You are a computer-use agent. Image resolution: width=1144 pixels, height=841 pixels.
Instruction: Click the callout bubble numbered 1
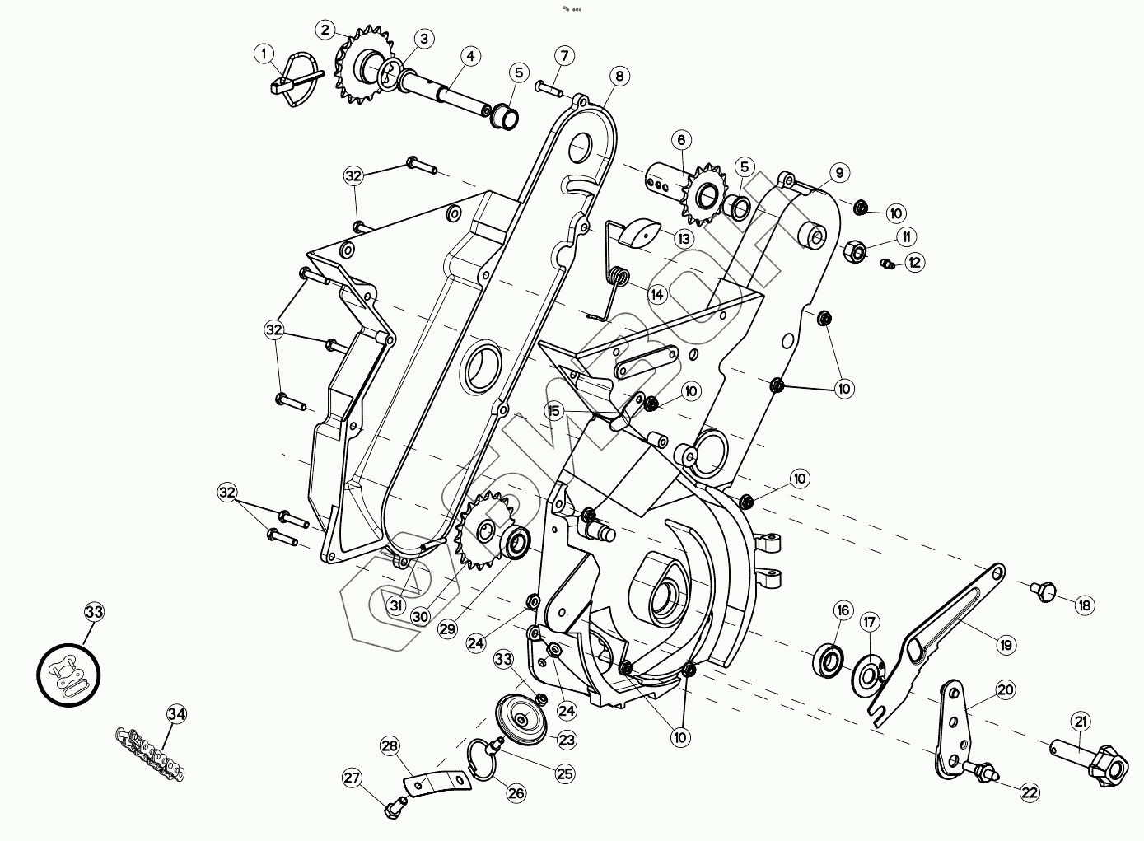click(264, 54)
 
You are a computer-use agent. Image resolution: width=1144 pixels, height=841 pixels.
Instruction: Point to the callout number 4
click(469, 56)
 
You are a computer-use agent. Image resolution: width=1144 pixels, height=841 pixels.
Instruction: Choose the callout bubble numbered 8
click(619, 76)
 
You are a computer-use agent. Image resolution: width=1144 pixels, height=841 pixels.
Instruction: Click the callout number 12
click(914, 263)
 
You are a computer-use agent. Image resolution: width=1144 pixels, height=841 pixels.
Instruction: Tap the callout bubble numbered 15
click(553, 410)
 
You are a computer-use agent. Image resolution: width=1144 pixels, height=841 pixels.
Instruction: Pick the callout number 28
click(390, 746)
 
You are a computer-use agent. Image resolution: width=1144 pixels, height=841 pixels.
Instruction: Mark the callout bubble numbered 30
click(421, 616)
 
